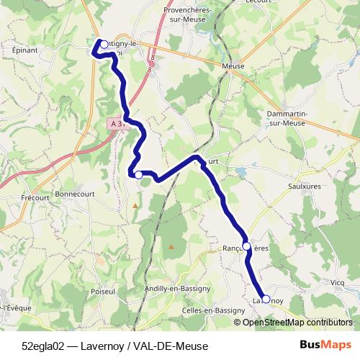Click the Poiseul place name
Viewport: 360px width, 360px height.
point(104,292)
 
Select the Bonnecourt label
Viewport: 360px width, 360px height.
point(75,194)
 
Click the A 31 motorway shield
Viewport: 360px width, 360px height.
point(117,124)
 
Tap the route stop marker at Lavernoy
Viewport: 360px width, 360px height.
point(266,299)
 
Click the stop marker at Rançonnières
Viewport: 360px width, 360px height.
point(247,246)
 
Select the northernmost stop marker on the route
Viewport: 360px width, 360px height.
point(104,45)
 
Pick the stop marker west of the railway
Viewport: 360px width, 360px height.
point(138,175)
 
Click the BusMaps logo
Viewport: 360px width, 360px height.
point(326,344)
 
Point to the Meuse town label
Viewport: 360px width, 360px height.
point(233,66)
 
